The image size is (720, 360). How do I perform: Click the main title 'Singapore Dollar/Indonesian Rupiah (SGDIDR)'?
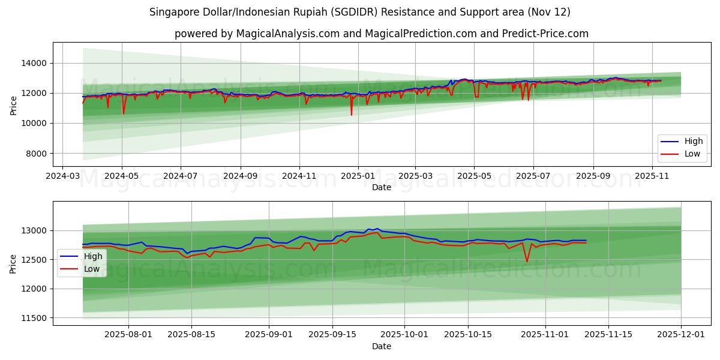(359, 12)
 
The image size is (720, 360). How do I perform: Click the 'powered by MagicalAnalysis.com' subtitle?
(381, 34)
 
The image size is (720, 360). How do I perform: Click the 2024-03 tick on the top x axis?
(62, 176)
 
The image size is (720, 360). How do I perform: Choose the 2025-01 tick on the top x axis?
(358, 176)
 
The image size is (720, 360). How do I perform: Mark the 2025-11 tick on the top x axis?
(652, 176)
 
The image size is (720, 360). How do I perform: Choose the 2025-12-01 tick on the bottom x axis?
(681, 335)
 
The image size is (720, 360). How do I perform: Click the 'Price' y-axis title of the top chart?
(13, 105)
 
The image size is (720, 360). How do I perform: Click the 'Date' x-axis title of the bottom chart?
(381, 346)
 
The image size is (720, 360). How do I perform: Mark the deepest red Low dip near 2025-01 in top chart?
(352, 115)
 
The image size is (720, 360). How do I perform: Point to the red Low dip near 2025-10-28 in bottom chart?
(527, 262)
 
